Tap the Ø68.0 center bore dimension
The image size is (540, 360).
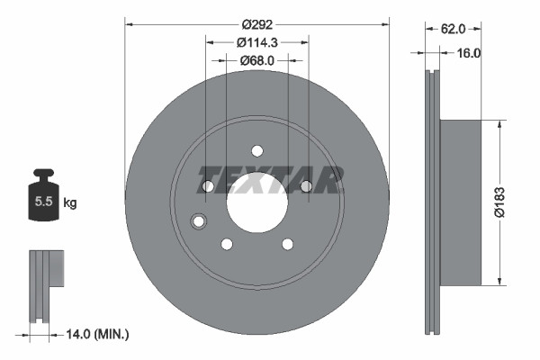256,60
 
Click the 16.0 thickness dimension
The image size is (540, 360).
469,53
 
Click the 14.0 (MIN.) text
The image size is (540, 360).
99,335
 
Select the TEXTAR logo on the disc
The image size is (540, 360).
269,180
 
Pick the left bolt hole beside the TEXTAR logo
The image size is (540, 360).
208,185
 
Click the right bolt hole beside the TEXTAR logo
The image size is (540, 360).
305,185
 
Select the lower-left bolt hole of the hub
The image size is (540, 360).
227,243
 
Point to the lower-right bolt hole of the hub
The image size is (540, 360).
287,243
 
